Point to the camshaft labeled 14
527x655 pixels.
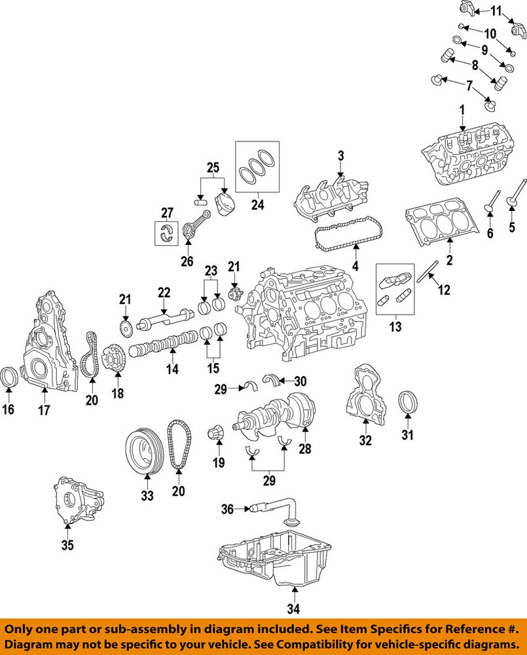(x=164, y=343)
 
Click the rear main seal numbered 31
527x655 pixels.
(x=407, y=402)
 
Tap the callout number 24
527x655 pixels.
(x=257, y=204)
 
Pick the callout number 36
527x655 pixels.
(x=227, y=508)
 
